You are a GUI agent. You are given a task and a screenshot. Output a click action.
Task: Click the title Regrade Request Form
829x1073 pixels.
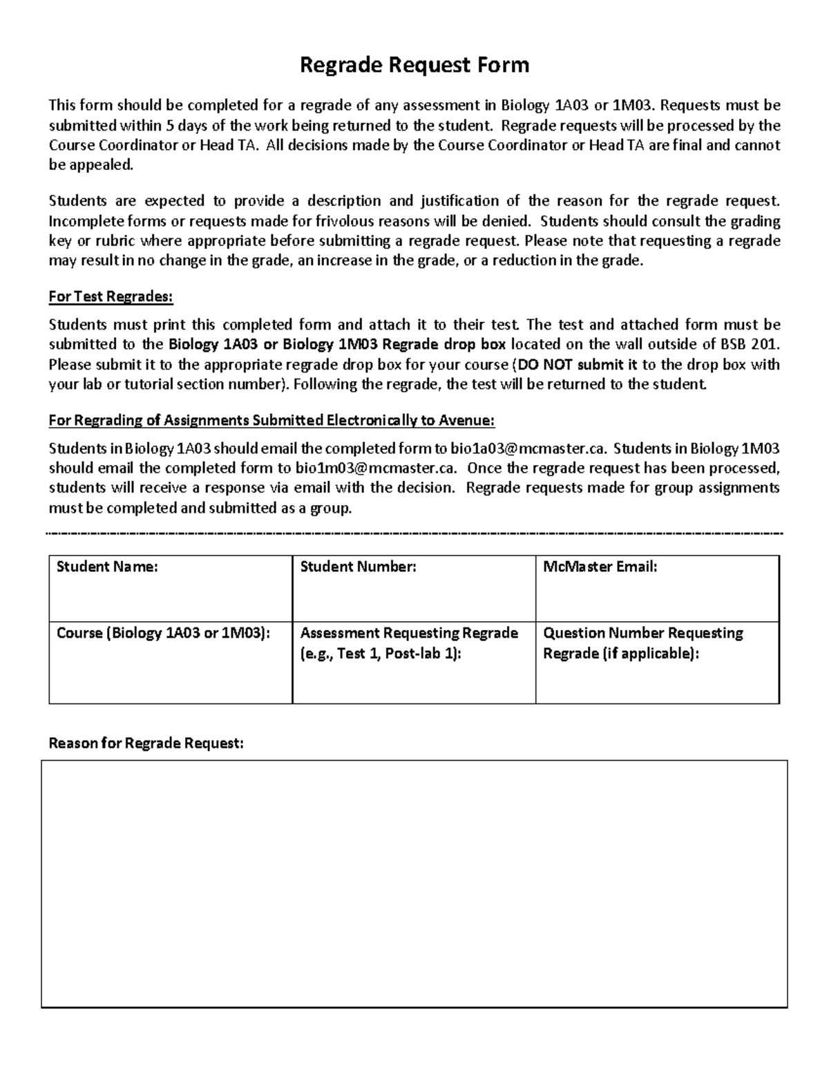414,65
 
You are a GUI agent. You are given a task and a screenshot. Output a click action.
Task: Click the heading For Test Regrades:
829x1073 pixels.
111,296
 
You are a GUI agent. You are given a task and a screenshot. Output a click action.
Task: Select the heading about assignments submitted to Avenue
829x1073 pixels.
271,421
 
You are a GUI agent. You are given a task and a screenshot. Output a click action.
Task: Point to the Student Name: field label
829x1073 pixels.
107,567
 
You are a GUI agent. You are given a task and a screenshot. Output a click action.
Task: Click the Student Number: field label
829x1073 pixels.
358,567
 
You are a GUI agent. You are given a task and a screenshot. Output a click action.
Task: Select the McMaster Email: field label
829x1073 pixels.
600,567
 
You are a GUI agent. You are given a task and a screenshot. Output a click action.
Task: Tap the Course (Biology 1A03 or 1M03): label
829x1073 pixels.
163,633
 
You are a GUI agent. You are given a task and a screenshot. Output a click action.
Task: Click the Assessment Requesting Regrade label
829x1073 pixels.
409,633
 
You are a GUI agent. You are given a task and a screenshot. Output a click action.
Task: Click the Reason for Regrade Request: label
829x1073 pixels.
146,743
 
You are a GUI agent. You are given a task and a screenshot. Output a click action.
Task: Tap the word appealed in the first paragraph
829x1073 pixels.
99,165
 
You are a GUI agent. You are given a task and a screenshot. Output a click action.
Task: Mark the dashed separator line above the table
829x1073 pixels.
414,534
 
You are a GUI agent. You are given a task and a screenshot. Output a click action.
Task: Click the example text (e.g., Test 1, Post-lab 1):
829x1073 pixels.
380,654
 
